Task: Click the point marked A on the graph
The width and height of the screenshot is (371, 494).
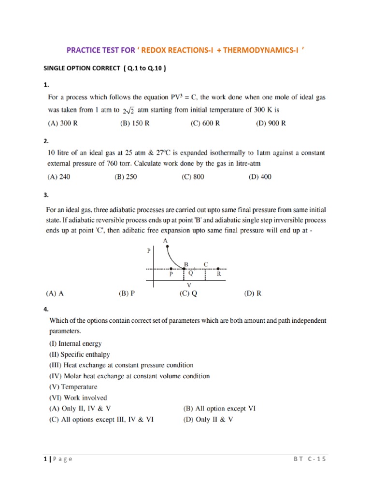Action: click(x=167, y=247)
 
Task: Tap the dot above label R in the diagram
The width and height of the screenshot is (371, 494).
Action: click(x=218, y=269)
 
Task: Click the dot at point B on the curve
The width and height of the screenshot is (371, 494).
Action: click(x=184, y=269)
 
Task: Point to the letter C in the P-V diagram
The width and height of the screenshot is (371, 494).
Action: click(x=206, y=263)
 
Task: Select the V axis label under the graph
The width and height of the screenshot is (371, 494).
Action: click(x=189, y=285)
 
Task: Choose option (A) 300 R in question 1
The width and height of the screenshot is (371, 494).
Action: click(x=62, y=123)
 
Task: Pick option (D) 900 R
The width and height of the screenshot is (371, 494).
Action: click(x=271, y=123)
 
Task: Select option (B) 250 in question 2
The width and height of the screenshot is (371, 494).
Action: click(x=126, y=177)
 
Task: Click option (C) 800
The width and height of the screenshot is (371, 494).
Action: click(x=193, y=177)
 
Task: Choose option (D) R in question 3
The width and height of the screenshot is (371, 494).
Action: click(x=253, y=293)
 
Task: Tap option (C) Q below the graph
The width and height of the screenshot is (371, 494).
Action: click(x=188, y=293)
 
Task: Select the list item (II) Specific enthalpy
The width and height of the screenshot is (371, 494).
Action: click(x=79, y=355)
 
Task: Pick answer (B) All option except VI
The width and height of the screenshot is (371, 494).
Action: click(x=219, y=409)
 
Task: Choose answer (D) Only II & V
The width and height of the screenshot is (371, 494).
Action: click(x=208, y=420)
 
